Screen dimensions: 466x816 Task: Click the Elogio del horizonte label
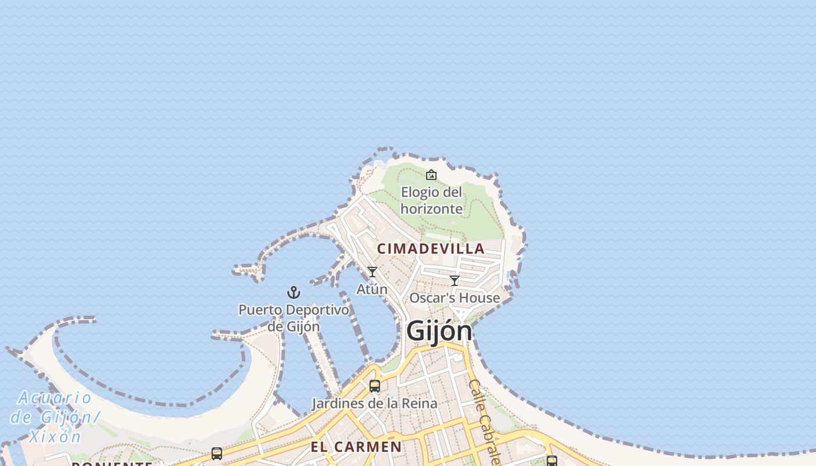pos(431,200)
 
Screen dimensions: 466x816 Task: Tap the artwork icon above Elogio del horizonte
pos(431,175)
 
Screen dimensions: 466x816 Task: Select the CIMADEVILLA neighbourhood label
pos(431,249)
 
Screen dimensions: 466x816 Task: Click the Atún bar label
pos(372,289)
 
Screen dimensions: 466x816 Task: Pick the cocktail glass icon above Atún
pos(372,272)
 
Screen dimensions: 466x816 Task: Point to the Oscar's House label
pos(455,298)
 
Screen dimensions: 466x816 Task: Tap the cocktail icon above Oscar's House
pos(455,281)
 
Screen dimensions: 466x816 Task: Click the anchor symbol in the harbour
pos(294,292)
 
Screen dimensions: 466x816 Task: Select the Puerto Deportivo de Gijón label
pos(294,318)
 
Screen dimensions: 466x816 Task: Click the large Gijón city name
pos(439,331)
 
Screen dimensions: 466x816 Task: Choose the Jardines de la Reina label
pos(374,403)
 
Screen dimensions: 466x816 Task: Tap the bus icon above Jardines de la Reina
pos(375,386)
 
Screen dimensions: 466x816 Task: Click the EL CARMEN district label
pos(356,447)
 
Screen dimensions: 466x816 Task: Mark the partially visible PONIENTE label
pos(112,463)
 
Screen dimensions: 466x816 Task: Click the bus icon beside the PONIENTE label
pos(217,454)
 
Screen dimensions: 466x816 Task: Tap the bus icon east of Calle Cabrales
pos(551,461)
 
